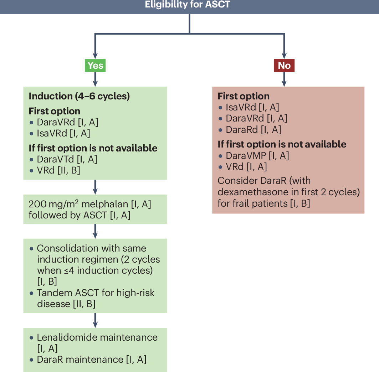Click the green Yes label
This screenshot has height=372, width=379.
pyautogui.click(x=95, y=66)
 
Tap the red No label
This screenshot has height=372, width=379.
pyautogui.click(x=284, y=66)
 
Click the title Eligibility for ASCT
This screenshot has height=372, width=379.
pyautogui.click(x=189, y=5)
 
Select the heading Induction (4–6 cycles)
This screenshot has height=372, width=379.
pyautogui.click(x=79, y=96)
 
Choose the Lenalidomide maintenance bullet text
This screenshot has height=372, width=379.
pyautogui.click(x=97, y=337)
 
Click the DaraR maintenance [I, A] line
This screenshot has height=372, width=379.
pyautogui.click(x=92, y=359)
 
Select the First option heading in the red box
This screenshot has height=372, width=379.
pyautogui.click(x=244, y=96)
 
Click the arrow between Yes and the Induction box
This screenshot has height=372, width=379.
pyautogui.click(x=95, y=79)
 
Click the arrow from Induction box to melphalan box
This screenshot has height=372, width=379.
pyautogui.click(x=95, y=187)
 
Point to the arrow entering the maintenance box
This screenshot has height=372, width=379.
pyautogui.click(x=95, y=320)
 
